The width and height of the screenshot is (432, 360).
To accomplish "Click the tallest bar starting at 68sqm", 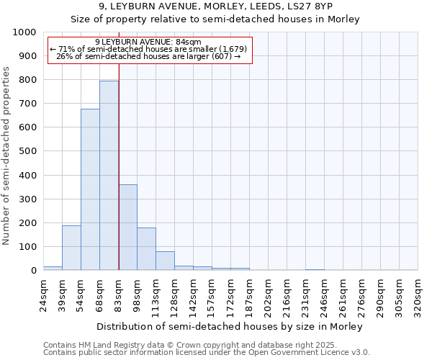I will tap(109, 176).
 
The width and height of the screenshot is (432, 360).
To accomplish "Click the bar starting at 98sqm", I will tap(146, 249).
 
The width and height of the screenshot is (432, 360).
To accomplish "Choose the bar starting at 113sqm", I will tap(165, 261).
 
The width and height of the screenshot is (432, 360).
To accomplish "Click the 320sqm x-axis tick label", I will tap(418, 294).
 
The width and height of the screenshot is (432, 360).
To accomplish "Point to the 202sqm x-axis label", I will tap(268, 294).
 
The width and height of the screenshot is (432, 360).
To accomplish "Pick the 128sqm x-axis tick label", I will tap(174, 294).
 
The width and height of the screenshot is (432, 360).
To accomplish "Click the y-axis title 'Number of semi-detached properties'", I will tap(6, 156).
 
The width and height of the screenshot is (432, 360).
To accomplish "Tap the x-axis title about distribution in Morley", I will tap(230, 326).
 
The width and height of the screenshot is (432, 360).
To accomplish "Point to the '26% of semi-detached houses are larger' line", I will tap(148, 56).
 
